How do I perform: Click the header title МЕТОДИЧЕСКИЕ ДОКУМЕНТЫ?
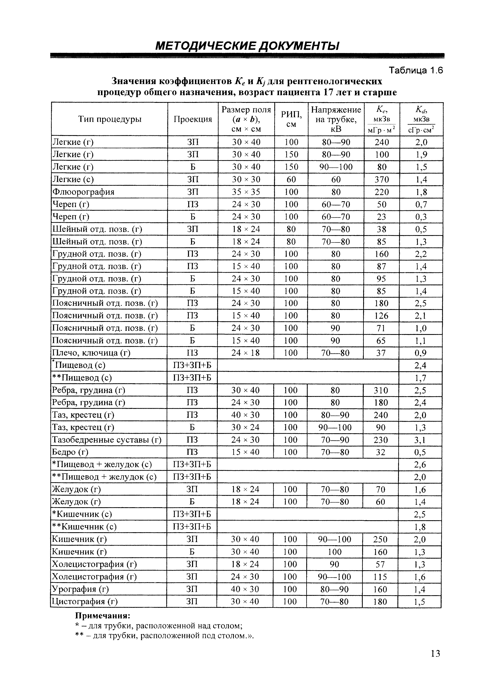[x=247, y=46]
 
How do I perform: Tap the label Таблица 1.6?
[x=416, y=71]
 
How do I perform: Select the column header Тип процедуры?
[x=110, y=119]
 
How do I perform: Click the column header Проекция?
[x=193, y=119]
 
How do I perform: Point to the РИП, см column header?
[x=291, y=119]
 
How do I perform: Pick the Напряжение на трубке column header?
[x=336, y=119]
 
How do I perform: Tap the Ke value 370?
[x=381, y=179]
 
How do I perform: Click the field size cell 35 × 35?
[x=246, y=192]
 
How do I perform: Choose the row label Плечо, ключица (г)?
[x=91, y=353]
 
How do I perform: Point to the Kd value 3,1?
[x=420, y=440]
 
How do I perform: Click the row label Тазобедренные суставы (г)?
[x=107, y=440]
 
